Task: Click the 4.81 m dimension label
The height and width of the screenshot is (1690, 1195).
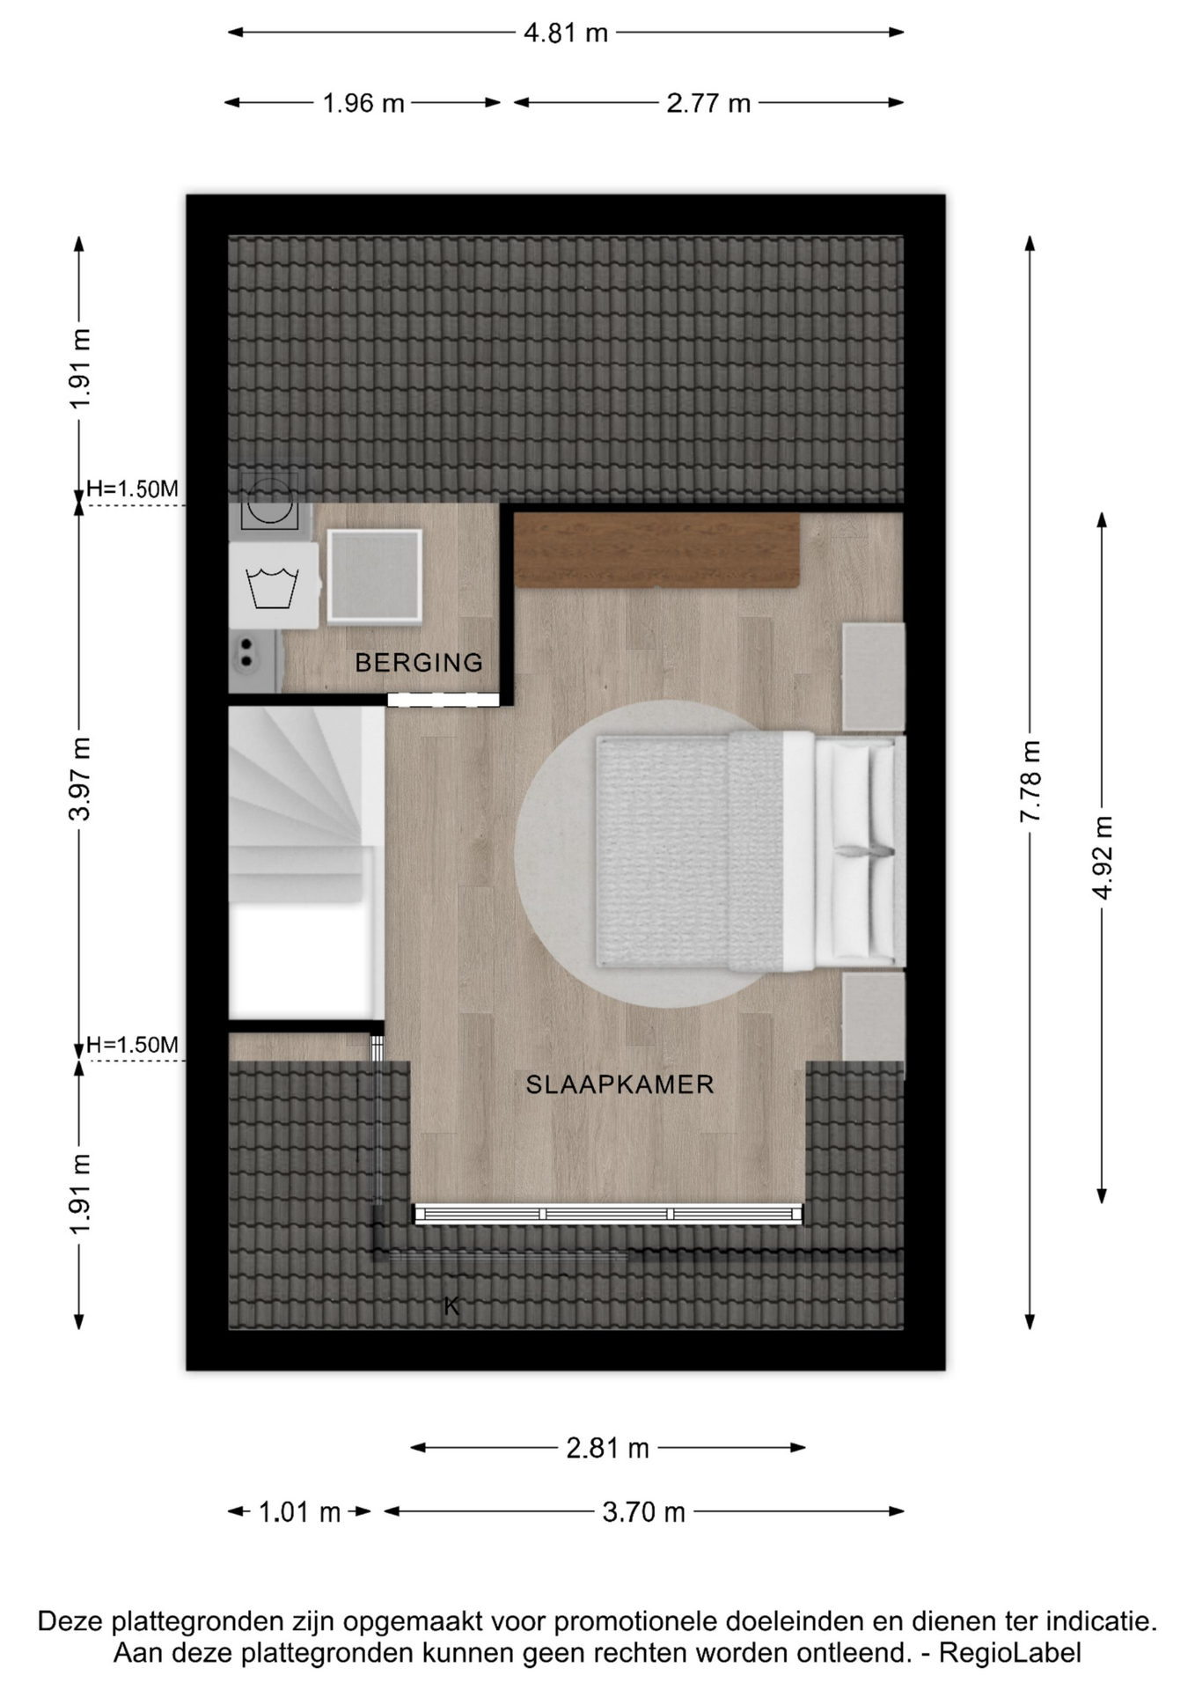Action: [566, 33]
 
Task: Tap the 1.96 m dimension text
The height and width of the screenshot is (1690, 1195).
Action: [363, 104]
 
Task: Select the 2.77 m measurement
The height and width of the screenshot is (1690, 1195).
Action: [708, 104]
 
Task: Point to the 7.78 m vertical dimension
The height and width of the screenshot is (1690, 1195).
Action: [1030, 782]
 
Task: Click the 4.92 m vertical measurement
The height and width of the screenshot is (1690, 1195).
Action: [1103, 857]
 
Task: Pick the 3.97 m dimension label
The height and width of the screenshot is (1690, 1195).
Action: [79, 779]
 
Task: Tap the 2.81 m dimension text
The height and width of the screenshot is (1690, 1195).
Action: [607, 1448]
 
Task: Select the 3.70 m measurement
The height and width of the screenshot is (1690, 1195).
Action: [643, 1512]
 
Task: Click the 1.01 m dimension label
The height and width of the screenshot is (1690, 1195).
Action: [299, 1512]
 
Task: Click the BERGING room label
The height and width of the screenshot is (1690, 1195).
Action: [419, 663]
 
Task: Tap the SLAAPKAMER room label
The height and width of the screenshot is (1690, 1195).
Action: [619, 1084]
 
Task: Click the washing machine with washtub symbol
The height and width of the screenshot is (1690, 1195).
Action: [274, 585]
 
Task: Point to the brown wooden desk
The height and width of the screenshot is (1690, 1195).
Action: [656, 550]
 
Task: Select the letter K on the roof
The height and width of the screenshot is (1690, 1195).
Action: [451, 1306]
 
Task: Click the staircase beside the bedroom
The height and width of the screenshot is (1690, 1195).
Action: [306, 863]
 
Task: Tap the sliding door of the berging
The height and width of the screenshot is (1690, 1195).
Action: [444, 700]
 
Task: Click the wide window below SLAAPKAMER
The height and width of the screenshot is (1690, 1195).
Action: [607, 1215]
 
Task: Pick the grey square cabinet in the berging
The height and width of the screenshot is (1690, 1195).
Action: [375, 577]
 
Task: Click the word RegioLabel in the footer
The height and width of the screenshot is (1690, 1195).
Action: [1010, 1653]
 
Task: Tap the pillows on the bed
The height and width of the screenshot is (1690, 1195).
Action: [856, 851]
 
